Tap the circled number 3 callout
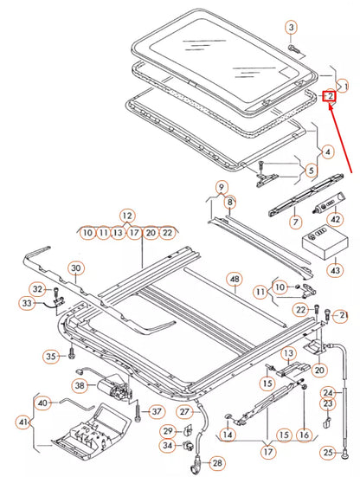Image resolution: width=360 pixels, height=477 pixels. click(291, 29)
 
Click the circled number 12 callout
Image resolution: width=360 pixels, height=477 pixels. click(127, 215)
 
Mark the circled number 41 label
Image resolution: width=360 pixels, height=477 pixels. click(22, 423)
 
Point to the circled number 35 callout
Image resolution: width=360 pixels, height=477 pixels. click(50, 356)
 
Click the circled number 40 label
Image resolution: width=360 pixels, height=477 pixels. click(42, 402)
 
